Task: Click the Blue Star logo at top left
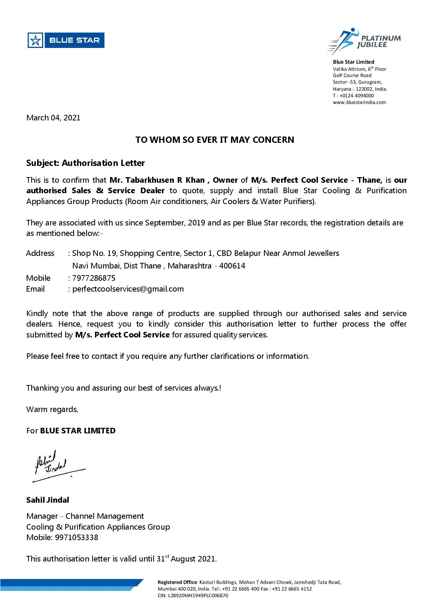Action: click(66, 40)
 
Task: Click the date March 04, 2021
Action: click(53, 118)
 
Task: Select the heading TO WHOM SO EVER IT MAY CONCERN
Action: click(215, 140)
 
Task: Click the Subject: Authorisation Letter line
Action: click(85, 163)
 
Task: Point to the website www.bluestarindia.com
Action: click(359, 103)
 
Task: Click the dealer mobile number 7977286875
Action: click(94, 278)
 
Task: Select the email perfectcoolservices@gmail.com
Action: click(128, 289)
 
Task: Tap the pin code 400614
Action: click(232, 266)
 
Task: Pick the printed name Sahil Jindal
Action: click(48, 500)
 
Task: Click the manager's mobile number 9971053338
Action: click(76, 538)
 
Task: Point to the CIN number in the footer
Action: click(193, 595)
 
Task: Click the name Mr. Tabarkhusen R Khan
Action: click(157, 180)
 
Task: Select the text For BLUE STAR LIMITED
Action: click(71, 431)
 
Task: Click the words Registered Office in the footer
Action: click(177, 582)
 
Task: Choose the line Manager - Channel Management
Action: click(85, 516)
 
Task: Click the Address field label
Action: click(40, 253)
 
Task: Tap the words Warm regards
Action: click(52, 410)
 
